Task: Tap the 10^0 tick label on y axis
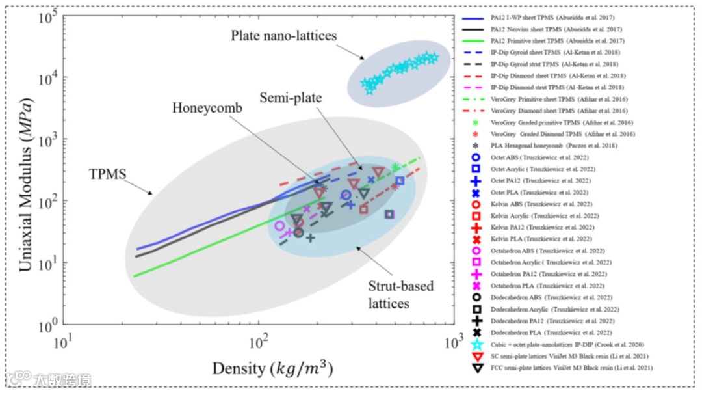pos(51,323)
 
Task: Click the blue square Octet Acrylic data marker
pos(400,181)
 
